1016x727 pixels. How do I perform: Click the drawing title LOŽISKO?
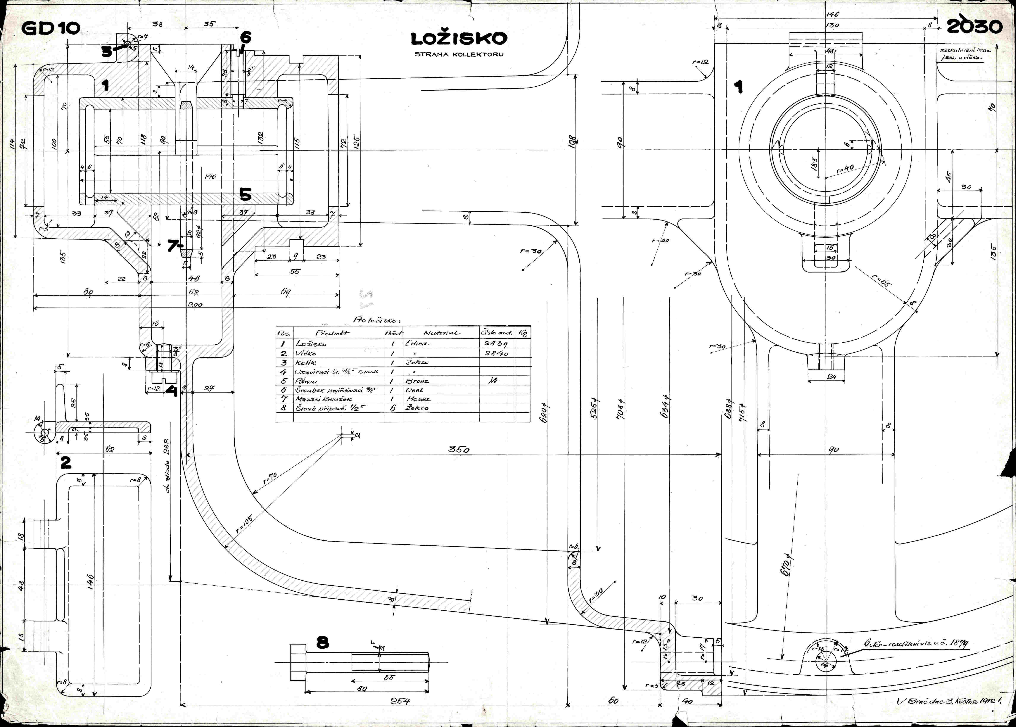459,39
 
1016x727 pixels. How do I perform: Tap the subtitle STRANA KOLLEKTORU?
459,55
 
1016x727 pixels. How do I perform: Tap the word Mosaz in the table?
419,399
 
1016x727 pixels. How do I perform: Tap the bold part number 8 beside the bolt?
322,643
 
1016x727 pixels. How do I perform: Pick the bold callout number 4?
171,391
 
